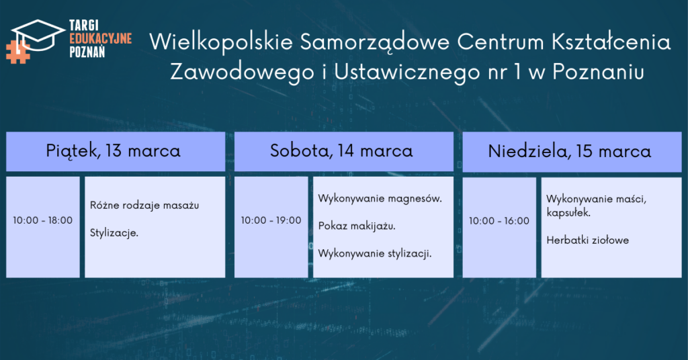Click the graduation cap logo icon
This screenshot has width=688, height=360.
(38, 35)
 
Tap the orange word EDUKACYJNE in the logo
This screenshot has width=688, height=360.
(101, 38)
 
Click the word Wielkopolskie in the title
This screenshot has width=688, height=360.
(220, 42)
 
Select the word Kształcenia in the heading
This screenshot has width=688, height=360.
(611, 42)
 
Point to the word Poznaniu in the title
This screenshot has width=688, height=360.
(598, 72)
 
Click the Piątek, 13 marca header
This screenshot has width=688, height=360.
(113, 151)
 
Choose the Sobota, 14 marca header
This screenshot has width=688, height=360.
(341, 151)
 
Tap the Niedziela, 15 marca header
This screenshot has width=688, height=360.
(570, 152)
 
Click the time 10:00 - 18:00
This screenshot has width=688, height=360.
(42, 220)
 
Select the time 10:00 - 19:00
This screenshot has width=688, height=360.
(271, 220)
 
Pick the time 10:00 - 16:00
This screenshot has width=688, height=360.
(499, 220)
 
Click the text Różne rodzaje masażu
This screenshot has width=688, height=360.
(144, 206)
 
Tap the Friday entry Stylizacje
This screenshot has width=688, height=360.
(114, 233)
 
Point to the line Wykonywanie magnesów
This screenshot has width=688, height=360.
(380, 199)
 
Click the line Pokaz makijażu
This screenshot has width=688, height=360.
(357, 226)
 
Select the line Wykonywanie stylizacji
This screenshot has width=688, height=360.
(375, 253)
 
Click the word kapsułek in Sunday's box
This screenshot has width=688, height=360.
(568, 213)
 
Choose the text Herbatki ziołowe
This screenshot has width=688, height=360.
(587, 240)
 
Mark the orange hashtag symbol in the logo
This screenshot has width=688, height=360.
(17, 52)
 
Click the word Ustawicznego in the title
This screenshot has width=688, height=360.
(407, 73)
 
